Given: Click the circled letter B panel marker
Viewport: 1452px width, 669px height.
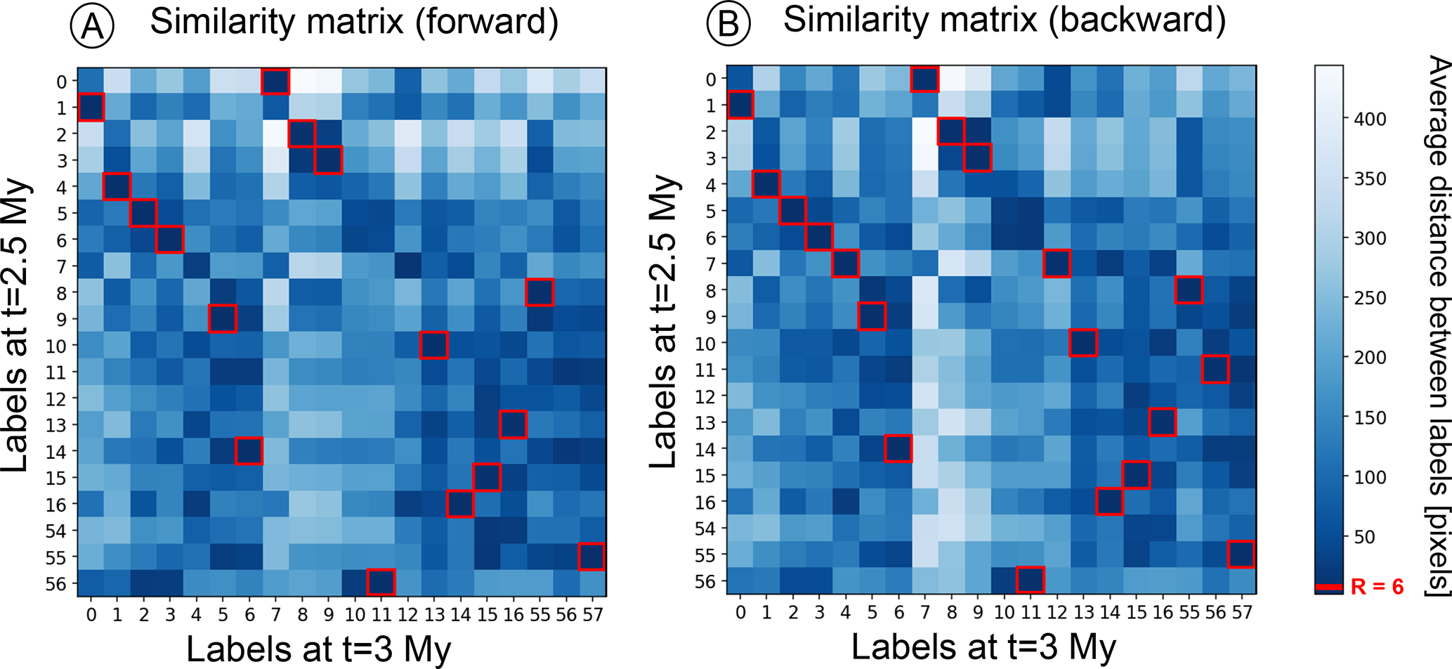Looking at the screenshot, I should pos(728,24).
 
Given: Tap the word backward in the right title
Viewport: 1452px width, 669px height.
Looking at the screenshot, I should pos(1137,20).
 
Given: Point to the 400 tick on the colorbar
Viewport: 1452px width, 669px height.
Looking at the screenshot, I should pos(1370,119).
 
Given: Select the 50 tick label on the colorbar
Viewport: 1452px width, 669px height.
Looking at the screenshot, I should pos(1364,537).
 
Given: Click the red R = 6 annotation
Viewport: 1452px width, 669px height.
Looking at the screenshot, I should pos(1377,587).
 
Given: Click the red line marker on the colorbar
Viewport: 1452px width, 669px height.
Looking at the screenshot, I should pos(1329,587).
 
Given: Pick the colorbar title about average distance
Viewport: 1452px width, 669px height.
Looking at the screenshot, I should pos(1437,327).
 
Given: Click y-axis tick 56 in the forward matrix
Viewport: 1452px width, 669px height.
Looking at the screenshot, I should pos(55,584).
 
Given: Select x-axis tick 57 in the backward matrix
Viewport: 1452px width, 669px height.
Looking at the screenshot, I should pos(1242,613).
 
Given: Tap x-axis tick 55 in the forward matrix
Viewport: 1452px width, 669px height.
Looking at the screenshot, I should pos(539,615).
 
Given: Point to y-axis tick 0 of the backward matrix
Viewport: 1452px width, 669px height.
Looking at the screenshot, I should pos(711,79).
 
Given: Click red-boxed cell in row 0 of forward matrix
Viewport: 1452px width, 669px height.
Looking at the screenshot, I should pos(275,82).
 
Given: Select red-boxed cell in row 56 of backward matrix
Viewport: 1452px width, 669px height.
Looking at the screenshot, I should pos(1030,580).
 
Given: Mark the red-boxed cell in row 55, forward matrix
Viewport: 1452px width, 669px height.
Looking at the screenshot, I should pos(592,557).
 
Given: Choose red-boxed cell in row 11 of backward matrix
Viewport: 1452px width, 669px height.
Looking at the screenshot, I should pos(1215,369).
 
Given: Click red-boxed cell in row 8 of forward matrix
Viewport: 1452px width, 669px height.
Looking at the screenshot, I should pos(539,292).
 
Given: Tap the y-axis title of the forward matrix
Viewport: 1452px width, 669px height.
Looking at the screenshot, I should pos(17,325).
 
